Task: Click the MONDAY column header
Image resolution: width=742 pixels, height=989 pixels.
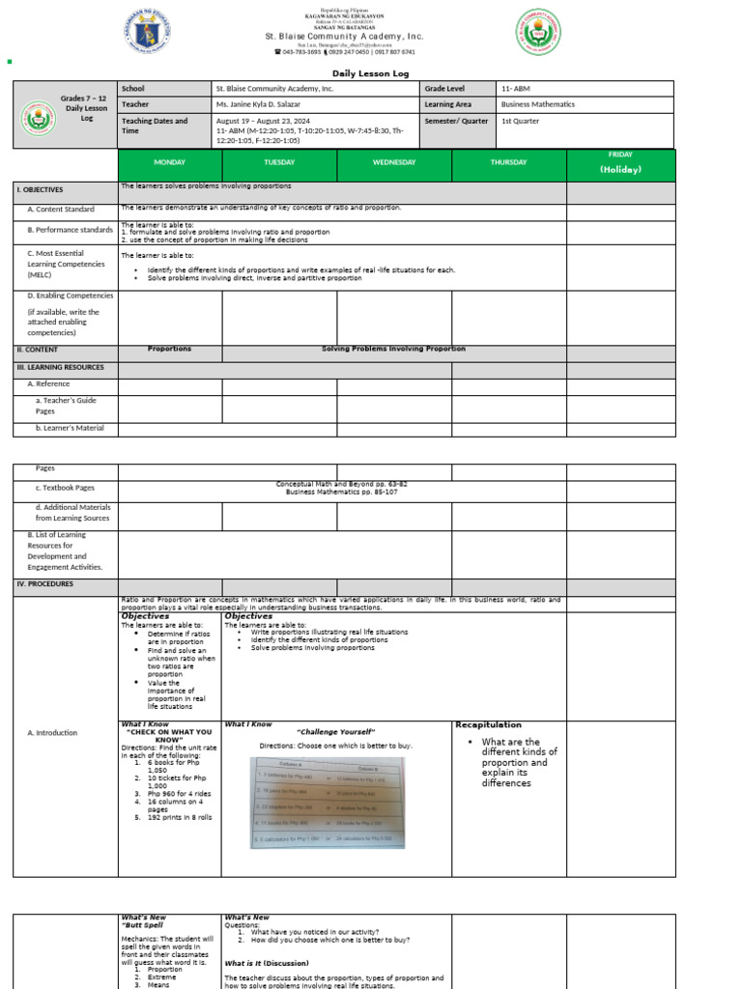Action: coord(170,162)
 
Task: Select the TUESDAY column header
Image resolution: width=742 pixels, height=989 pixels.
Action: coord(279,162)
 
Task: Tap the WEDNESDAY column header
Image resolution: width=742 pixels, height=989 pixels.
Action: coord(394,162)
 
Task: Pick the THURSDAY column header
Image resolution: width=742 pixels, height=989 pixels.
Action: coord(508,162)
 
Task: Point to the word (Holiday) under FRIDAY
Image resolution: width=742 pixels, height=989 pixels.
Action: coord(620,170)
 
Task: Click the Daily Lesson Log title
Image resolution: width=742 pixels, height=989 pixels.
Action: coord(371,72)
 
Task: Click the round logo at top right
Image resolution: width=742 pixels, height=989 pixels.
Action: coord(538,32)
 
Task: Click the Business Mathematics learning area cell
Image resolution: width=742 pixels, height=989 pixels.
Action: coord(537,104)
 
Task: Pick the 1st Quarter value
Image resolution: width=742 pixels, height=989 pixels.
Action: coord(521,121)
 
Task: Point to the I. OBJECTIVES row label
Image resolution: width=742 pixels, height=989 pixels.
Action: coord(40,190)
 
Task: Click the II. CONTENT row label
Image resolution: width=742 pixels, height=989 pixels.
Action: coord(38,350)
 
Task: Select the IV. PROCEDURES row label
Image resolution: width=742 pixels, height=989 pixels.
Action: coord(45,584)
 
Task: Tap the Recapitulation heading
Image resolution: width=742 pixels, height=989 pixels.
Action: coord(488,724)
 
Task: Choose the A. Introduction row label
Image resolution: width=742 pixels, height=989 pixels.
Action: coord(52,733)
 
